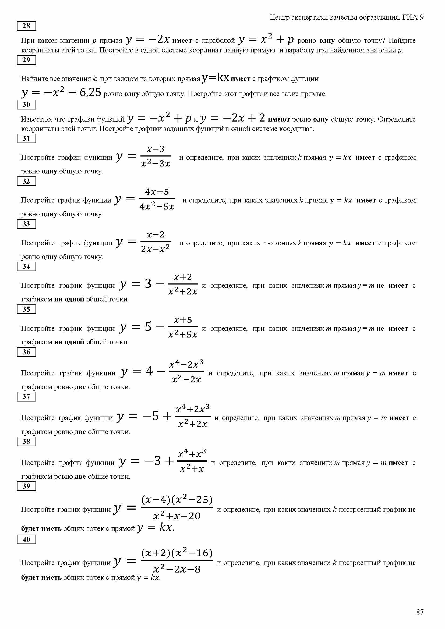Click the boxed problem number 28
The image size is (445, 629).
(26, 26)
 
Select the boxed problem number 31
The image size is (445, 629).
(26, 138)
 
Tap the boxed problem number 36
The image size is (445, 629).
(26, 352)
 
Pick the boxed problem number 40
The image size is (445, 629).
(26, 539)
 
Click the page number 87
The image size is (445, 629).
(420, 612)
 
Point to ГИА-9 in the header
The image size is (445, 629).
(413, 17)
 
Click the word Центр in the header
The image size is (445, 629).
(279, 17)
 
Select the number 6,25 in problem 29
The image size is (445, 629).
(90, 92)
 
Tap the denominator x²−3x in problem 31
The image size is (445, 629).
(155, 164)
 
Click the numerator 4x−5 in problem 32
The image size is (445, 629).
(157, 192)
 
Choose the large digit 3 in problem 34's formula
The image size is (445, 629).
(148, 283)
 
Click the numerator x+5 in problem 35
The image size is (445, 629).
(183, 320)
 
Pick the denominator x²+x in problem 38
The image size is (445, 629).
(192, 469)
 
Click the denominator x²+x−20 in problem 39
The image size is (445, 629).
(177, 516)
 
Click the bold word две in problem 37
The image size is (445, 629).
(80, 432)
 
